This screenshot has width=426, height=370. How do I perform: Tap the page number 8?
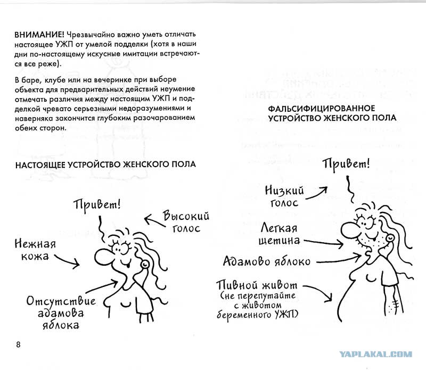coord(19,343)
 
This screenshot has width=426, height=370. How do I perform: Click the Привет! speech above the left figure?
coord(97,204)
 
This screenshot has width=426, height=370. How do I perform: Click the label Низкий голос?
coord(291,195)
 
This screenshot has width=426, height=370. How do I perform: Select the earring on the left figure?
coord(143,264)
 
